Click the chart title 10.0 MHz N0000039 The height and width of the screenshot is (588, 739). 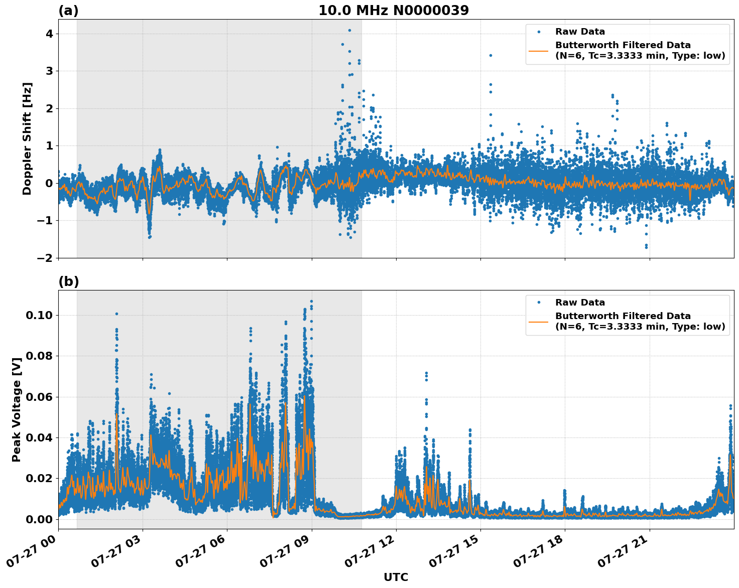(x=394, y=11)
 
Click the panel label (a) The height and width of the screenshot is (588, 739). (x=68, y=11)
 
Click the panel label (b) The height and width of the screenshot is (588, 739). (x=69, y=281)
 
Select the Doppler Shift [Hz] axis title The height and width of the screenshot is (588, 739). (x=27, y=138)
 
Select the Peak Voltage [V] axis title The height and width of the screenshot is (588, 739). (x=17, y=409)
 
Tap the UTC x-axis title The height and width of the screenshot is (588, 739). (x=396, y=577)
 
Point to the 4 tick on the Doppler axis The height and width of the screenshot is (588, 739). (x=49, y=34)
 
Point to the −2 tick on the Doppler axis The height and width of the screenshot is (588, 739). (x=45, y=258)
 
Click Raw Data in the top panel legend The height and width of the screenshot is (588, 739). (x=580, y=32)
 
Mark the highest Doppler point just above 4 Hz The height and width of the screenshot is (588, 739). (x=349, y=30)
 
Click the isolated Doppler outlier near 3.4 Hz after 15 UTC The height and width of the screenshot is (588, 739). (x=490, y=55)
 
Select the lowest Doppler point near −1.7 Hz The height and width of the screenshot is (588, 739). (x=646, y=247)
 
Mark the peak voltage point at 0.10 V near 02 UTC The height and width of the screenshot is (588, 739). (x=116, y=314)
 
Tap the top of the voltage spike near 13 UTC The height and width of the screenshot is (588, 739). (x=426, y=373)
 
